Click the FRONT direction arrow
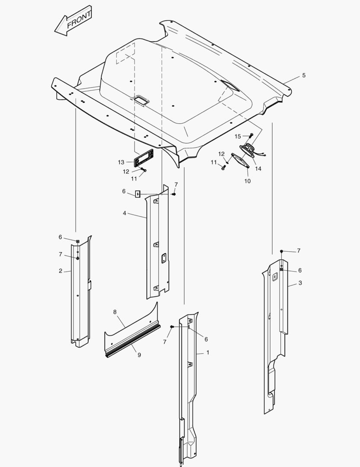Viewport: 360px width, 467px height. coord(73,21)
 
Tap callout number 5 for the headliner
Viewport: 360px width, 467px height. coord(304,75)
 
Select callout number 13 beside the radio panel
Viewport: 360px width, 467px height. coord(121,162)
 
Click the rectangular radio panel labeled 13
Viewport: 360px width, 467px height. coord(144,157)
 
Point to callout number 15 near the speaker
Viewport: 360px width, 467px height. coord(238,136)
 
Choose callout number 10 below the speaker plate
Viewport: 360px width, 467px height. coord(247,181)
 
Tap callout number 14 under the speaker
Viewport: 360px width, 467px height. coord(258,169)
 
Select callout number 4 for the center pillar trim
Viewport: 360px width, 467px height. coord(124,213)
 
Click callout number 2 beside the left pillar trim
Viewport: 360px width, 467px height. coord(61,271)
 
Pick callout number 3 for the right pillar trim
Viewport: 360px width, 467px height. coord(300,283)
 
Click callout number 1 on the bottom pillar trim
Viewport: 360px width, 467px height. coord(208,353)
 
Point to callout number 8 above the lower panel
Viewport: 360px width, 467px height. coord(115,312)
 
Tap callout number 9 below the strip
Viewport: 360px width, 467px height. coord(139,355)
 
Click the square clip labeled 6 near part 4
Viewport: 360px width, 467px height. coord(138,194)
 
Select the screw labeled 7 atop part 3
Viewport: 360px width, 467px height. coord(281,251)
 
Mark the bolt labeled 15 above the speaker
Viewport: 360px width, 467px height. coord(251,135)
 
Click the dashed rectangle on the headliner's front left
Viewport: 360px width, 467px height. coord(125,53)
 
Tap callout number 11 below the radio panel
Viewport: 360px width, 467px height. coord(134,179)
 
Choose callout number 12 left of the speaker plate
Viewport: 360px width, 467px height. coord(222,154)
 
